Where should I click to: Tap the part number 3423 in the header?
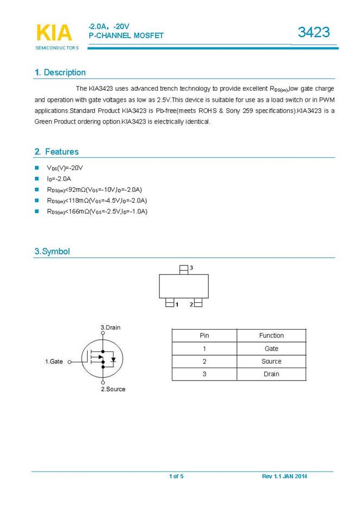pos(314,32)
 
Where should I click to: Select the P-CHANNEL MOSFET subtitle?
pos(126,35)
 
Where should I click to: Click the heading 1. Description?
pos(60,72)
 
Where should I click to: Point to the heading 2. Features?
pos(57,152)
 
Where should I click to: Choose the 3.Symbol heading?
pos(52,251)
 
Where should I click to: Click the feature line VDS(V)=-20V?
pos(65,168)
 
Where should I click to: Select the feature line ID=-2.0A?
pos(59,179)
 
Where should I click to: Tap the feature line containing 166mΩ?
pos(97,212)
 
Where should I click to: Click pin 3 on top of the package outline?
pos(184,268)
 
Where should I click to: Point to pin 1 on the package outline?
pos(170,304)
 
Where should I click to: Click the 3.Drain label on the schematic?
pos(111,327)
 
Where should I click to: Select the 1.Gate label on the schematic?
pos(54,362)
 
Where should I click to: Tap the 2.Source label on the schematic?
pos(113,389)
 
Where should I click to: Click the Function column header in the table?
pos(271,336)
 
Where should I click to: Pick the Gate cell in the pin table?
pos(271,349)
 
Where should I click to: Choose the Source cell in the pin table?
pos(271,362)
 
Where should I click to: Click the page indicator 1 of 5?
pos(176,476)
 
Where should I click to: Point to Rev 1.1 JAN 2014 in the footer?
pos(284,476)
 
